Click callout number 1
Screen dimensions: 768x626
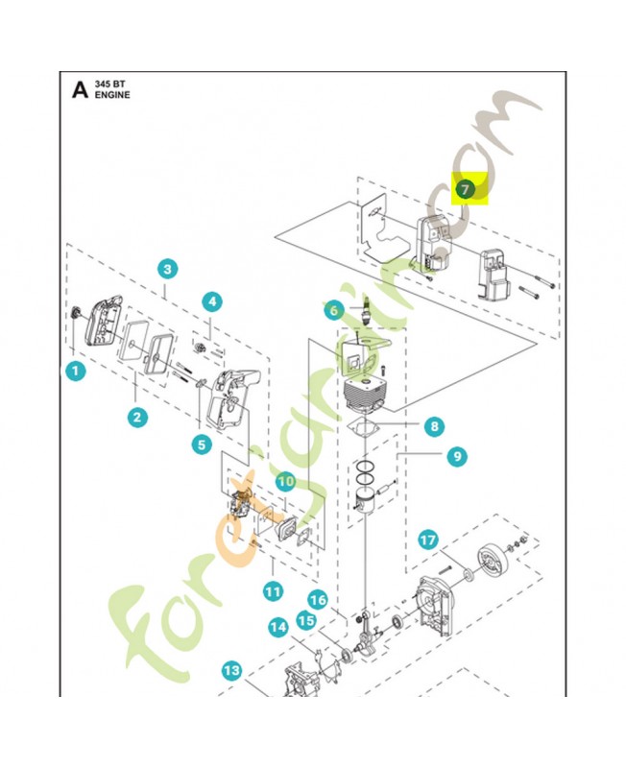[x=76, y=369]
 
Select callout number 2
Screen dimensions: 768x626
[x=138, y=416]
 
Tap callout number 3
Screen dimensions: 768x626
[x=167, y=269]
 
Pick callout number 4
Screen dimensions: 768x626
[x=211, y=301]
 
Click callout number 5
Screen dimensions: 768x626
[x=201, y=444]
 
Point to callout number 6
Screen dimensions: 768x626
[x=333, y=309]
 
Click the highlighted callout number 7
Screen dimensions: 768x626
[x=465, y=189]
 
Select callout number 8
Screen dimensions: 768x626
[x=434, y=426]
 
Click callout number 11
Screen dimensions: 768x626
[x=273, y=591]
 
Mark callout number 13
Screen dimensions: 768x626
[x=231, y=670]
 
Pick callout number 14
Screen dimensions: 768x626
[x=278, y=628]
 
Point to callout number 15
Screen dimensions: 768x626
[x=305, y=621]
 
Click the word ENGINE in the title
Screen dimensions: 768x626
[x=112, y=96]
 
